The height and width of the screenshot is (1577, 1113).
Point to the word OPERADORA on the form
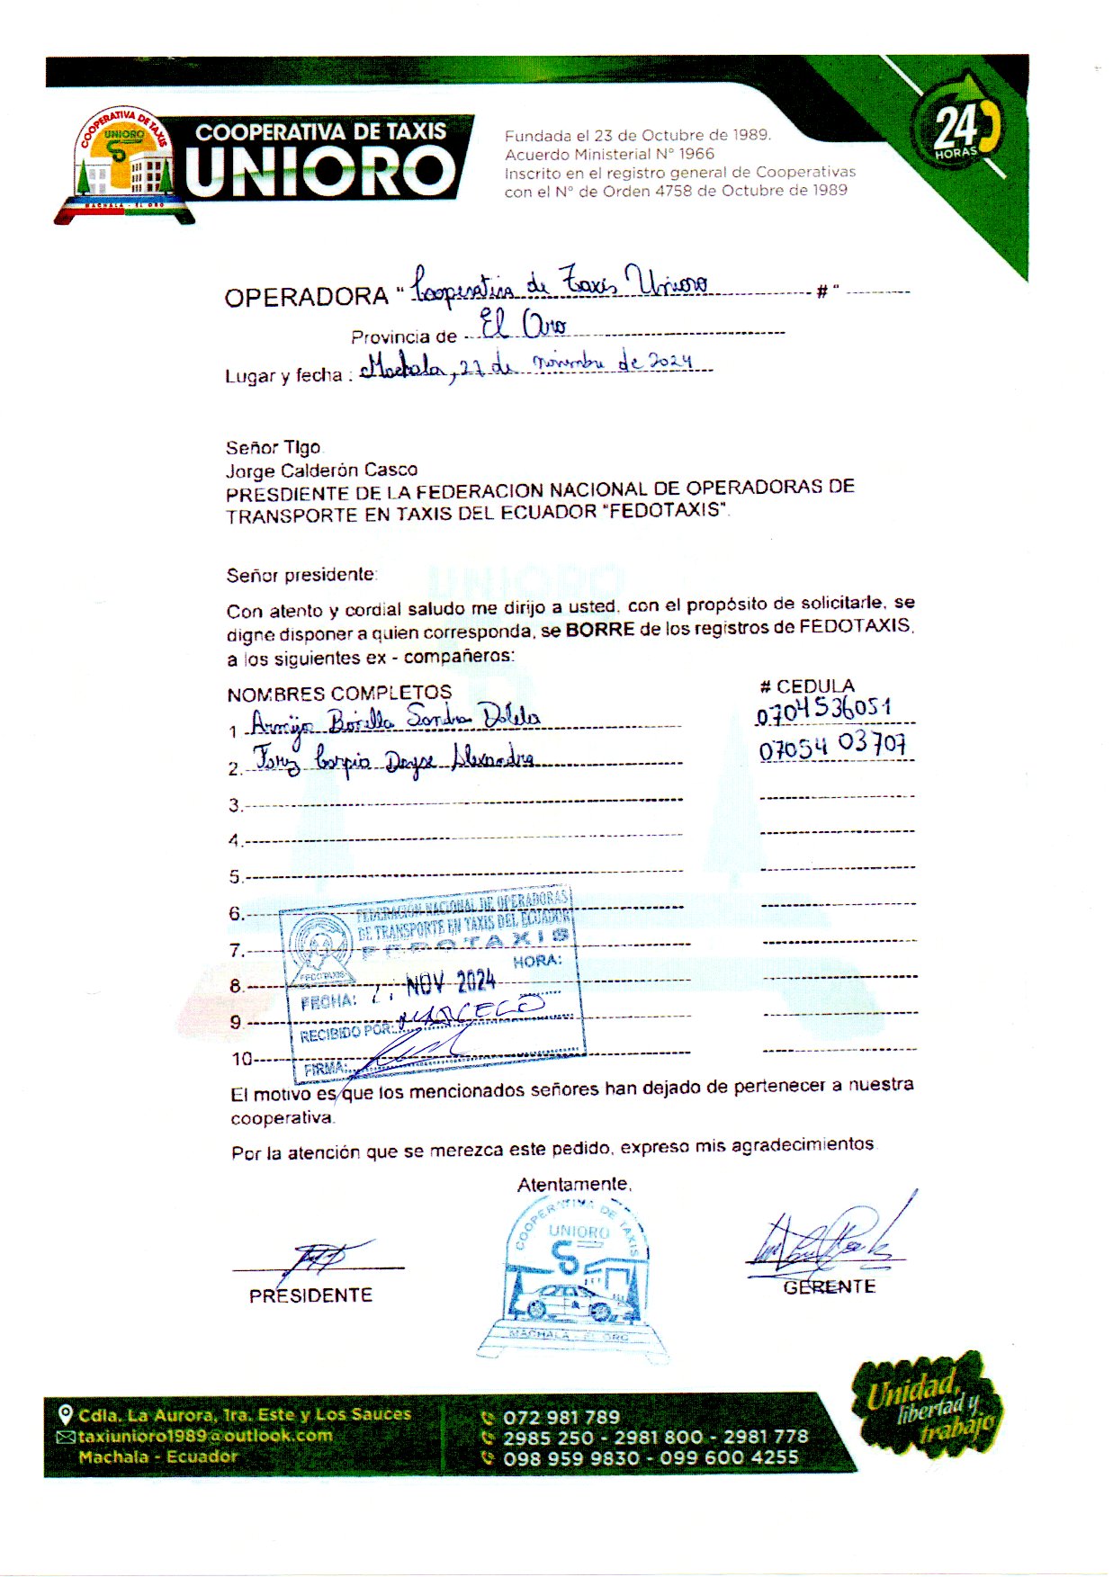(x=306, y=298)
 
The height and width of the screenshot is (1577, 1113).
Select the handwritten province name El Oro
(x=523, y=325)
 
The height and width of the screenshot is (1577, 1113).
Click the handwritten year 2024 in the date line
(x=670, y=362)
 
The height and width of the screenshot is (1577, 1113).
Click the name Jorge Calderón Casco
(x=321, y=470)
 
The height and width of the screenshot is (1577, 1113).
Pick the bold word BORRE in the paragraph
(x=600, y=629)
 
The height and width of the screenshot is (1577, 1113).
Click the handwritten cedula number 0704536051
(x=824, y=711)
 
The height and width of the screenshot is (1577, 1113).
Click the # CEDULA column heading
(x=807, y=686)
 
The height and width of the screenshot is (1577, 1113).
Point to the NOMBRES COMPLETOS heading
(x=339, y=694)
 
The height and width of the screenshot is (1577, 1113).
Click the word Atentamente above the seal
(x=574, y=1185)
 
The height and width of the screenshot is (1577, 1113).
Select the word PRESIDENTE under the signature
(x=310, y=1295)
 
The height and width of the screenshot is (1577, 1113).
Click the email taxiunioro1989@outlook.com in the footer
(x=204, y=1436)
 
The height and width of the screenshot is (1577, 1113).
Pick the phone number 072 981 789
(x=561, y=1418)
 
